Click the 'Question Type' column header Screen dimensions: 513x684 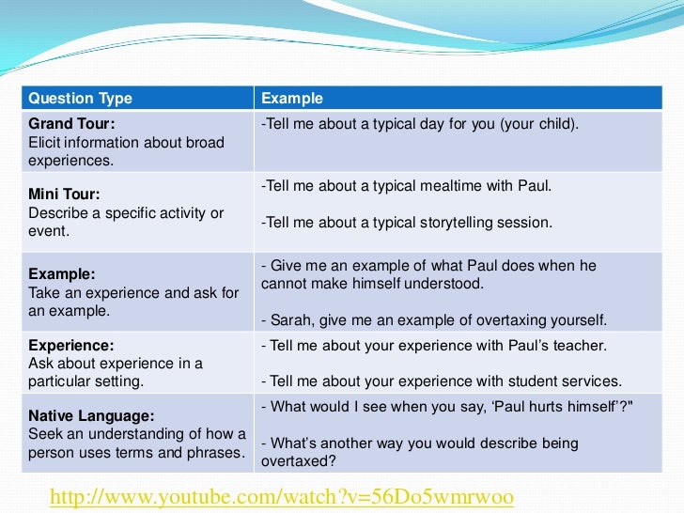coord(80,99)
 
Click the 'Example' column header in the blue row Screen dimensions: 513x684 coord(291,99)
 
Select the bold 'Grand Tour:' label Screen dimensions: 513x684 coord(72,124)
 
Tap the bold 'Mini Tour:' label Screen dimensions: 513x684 coord(64,194)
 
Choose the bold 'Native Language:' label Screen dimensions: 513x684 coord(91,415)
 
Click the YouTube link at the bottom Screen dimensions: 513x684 coord(281,495)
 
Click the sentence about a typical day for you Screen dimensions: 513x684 coord(419,124)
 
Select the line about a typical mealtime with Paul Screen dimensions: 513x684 coord(406,185)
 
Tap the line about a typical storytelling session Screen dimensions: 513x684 coord(406,223)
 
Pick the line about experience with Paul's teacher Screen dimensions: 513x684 coord(433,345)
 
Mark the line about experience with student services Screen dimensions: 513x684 coord(441,381)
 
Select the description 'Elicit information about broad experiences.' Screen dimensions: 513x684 coord(126,151)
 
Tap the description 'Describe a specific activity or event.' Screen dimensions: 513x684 coord(126,222)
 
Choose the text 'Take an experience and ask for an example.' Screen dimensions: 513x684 coord(133,302)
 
